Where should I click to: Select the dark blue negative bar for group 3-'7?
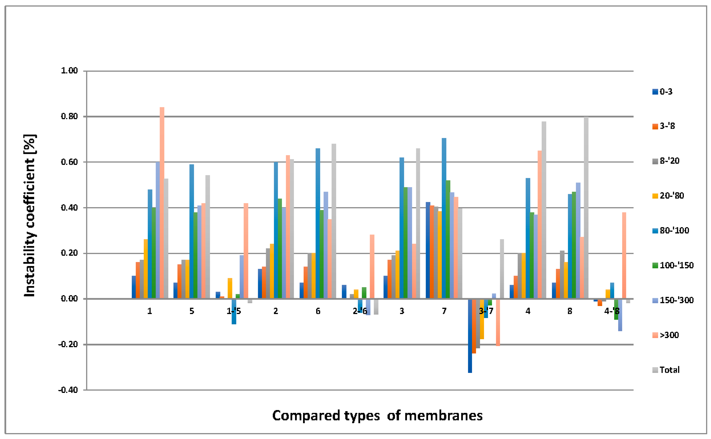(470, 335)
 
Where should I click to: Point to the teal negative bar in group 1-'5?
(234, 311)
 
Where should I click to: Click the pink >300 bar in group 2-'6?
(372, 267)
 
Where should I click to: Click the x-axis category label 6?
(318, 311)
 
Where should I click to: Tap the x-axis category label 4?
(528, 311)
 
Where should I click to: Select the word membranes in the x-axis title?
(443, 416)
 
